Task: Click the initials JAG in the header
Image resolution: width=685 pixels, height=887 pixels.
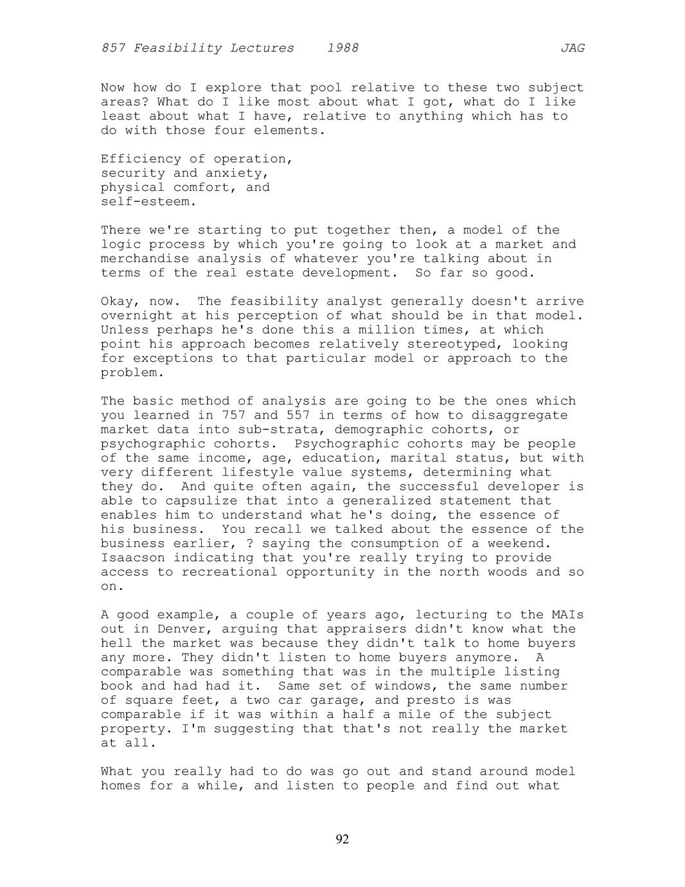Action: (x=572, y=48)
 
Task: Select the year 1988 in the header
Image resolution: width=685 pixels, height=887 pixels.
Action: (x=342, y=48)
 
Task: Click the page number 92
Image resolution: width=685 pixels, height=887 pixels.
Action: (x=342, y=839)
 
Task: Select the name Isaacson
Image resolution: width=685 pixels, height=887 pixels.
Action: (x=132, y=558)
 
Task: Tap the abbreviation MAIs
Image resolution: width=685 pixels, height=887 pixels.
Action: (x=568, y=615)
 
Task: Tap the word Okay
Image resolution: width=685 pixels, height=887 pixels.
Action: (x=120, y=301)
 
